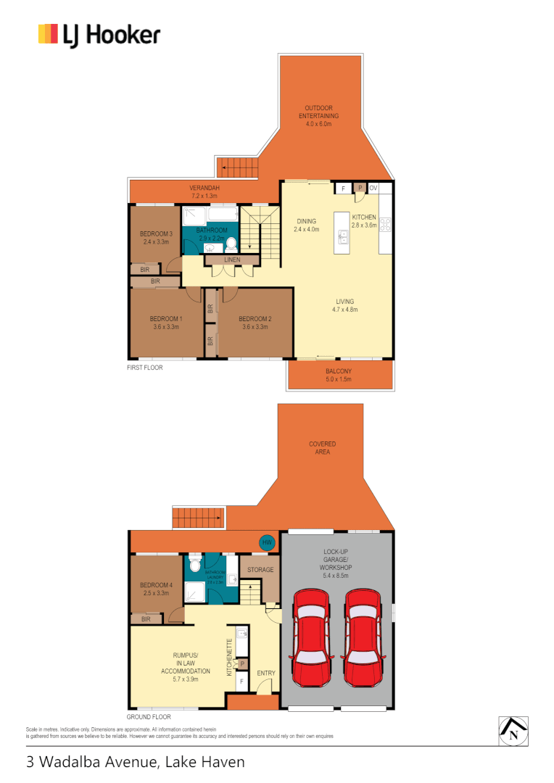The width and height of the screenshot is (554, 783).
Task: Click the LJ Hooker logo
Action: (x=99, y=35)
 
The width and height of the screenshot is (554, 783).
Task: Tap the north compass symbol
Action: (x=513, y=731)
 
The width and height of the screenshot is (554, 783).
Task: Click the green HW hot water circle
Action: (x=267, y=542)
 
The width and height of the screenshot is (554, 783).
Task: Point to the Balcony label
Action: (x=340, y=375)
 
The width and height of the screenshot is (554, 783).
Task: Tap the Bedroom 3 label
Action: (x=156, y=238)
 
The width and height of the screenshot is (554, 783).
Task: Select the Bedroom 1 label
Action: (x=165, y=323)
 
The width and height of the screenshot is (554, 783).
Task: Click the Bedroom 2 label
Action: (x=255, y=323)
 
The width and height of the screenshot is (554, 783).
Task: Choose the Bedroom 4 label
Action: (x=156, y=589)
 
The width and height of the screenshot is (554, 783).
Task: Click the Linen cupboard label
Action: (x=232, y=260)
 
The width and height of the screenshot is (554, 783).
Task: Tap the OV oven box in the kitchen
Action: (x=373, y=188)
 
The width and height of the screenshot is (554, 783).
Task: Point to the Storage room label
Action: (x=260, y=570)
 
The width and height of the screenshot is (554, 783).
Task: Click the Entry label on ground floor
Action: (x=266, y=674)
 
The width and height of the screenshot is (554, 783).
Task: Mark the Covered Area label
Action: (x=323, y=447)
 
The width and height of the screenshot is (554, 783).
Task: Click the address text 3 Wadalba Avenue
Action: (x=135, y=762)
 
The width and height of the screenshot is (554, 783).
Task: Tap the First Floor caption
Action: (x=145, y=368)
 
